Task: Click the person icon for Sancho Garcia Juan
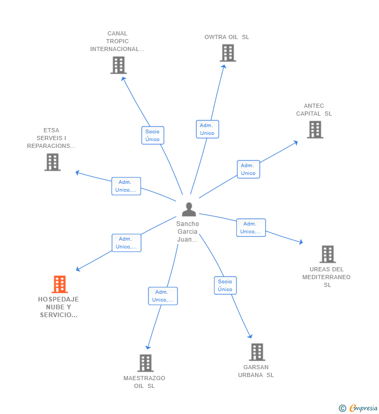point(189,209)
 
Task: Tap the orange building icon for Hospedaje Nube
point(60,284)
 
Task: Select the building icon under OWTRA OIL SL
point(228,53)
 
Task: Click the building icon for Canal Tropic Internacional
point(119,65)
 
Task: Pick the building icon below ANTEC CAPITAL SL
point(315,130)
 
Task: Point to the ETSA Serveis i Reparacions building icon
point(52,162)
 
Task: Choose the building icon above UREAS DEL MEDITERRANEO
point(327,254)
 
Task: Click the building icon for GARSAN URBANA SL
point(257,352)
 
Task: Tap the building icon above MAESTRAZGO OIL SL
point(145,363)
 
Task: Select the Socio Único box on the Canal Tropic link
point(153,135)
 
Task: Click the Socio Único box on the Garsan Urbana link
point(225,285)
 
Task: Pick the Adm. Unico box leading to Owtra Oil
point(207,129)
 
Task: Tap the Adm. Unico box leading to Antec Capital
point(248,169)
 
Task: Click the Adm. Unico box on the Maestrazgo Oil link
point(162,296)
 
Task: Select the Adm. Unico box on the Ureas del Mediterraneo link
point(251,228)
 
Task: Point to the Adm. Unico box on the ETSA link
point(126,186)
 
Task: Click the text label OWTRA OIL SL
point(226,37)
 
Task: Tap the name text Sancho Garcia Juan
point(187,232)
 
